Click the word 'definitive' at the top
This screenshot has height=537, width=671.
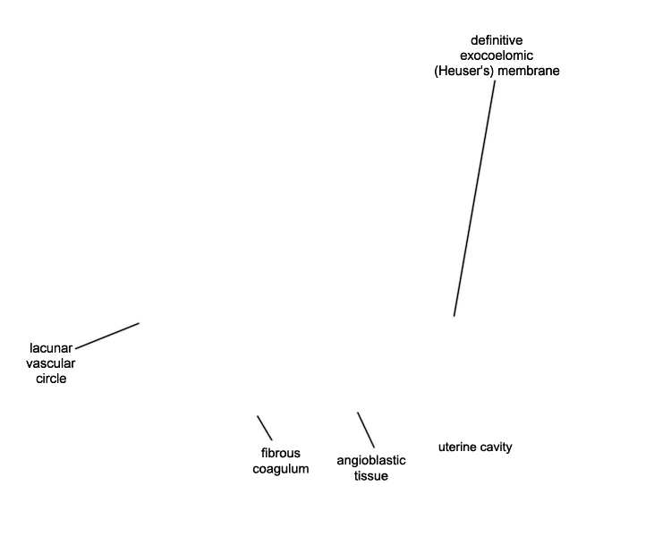(x=497, y=40)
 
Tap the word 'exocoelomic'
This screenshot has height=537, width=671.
(x=497, y=55)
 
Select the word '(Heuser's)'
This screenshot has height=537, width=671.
(x=463, y=71)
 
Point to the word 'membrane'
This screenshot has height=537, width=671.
(x=529, y=71)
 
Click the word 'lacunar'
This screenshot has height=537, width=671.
(x=51, y=348)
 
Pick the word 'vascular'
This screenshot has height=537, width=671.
(x=50, y=363)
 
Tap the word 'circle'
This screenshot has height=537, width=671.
(x=51, y=379)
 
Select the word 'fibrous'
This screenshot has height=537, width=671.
(x=281, y=453)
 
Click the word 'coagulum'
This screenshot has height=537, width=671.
(x=281, y=469)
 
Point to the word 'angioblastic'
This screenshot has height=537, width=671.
(x=371, y=461)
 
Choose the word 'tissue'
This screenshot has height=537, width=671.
(x=371, y=476)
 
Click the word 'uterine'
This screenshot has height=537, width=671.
(x=455, y=447)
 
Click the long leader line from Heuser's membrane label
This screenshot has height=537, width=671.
(x=474, y=199)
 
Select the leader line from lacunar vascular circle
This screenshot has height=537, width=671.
(x=107, y=337)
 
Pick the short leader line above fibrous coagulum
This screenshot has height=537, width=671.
(x=265, y=428)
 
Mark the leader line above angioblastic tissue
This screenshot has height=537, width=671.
(x=366, y=430)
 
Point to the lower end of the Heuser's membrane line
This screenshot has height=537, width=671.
(x=454, y=317)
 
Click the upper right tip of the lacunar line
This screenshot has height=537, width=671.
(x=139, y=323)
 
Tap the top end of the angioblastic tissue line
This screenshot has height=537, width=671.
(x=358, y=413)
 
